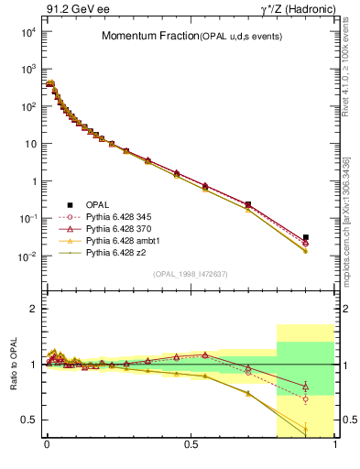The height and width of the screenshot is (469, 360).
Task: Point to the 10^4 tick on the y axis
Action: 25,32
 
